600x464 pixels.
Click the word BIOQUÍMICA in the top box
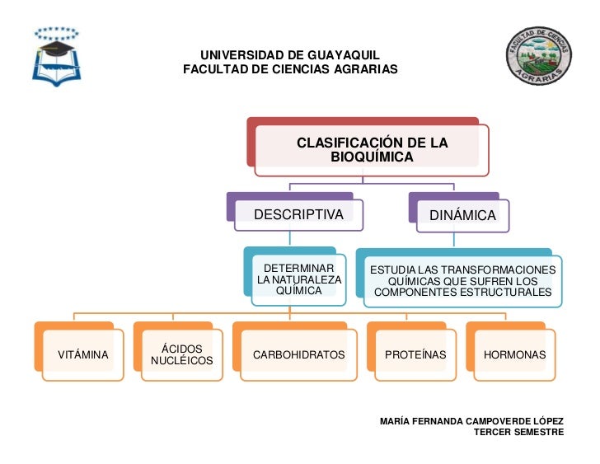tap(372, 157)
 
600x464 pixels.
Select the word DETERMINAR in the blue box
tap(299, 268)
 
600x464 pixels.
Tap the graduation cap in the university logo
tap(57, 48)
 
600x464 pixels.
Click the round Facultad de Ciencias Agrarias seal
tap(539, 56)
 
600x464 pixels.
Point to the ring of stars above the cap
tap(57, 34)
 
